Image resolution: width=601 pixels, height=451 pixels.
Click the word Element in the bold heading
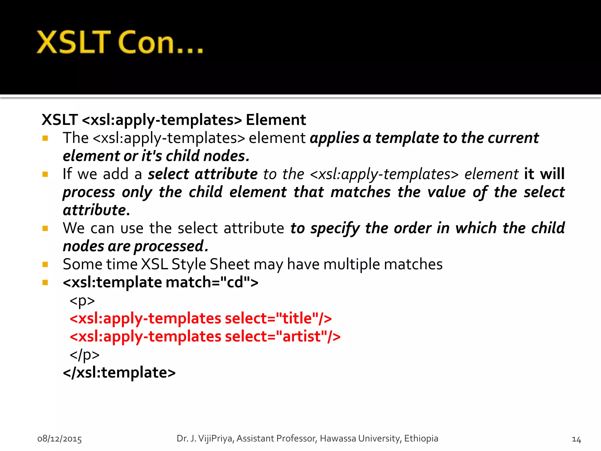click(x=276, y=120)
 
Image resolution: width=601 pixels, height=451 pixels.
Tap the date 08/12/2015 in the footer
click(x=60, y=439)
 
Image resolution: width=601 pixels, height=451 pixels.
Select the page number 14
click(x=576, y=440)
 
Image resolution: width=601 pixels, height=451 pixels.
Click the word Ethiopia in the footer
click(x=421, y=438)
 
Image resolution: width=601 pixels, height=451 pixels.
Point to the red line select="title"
click(x=200, y=319)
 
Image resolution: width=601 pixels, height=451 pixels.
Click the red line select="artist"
click(x=205, y=336)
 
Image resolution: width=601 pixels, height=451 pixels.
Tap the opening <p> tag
click(x=82, y=301)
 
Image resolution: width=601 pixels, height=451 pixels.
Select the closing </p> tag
click(x=85, y=355)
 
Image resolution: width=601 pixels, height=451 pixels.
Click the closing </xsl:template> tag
click(x=119, y=373)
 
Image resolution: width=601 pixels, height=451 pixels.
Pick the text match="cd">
click(x=212, y=282)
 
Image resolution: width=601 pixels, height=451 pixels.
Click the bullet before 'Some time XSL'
click(x=45, y=265)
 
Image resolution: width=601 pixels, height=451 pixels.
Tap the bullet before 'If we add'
click(x=45, y=174)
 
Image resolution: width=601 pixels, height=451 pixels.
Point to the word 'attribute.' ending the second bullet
click(x=96, y=210)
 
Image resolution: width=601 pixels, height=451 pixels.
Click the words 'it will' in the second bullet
click(x=544, y=174)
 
